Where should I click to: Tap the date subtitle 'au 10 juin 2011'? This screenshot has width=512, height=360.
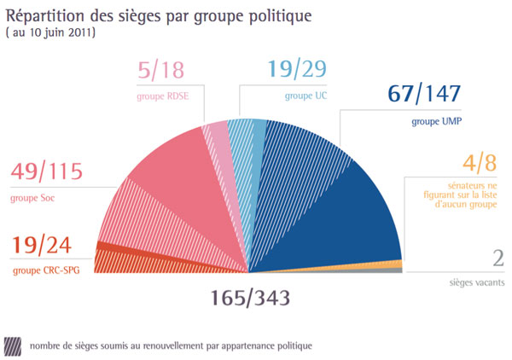(x=50, y=33)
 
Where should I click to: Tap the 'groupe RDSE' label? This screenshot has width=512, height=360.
(x=162, y=96)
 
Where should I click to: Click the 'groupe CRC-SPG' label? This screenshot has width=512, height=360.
(x=43, y=271)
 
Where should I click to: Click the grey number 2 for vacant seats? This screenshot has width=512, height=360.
(x=497, y=258)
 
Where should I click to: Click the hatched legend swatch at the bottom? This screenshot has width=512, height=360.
(x=13, y=345)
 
